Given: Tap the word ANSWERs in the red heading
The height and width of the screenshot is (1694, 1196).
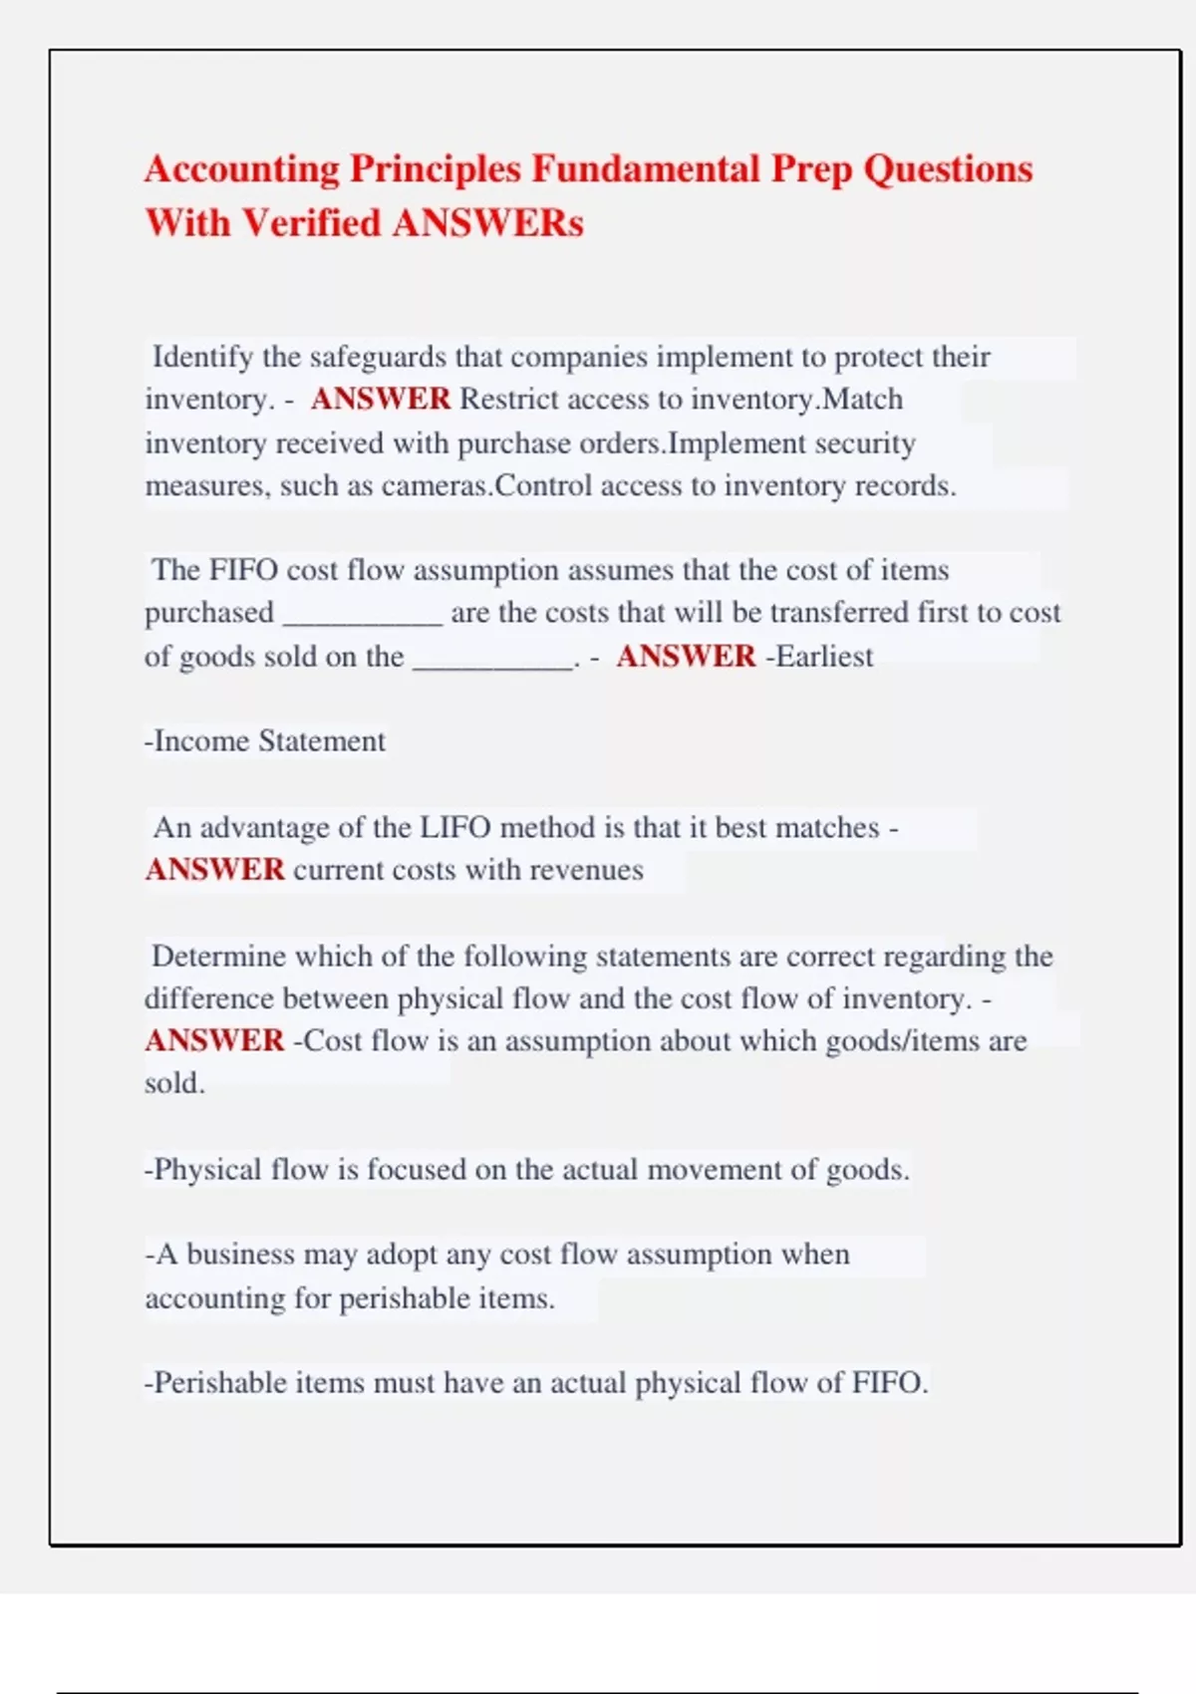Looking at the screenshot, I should tap(487, 223).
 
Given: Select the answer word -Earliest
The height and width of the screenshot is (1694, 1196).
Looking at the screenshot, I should tap(818, 657).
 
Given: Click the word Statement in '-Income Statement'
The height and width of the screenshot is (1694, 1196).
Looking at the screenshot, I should tap(321, 741).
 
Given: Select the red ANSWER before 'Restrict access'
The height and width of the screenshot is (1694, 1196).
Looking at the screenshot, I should tap(381, 400).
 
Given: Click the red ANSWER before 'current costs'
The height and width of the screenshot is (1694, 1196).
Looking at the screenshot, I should tap(215, 870).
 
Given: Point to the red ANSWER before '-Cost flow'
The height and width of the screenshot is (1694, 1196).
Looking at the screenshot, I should tap(215, 1040).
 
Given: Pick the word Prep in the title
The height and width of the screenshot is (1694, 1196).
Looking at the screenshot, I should tap(811, 169).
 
